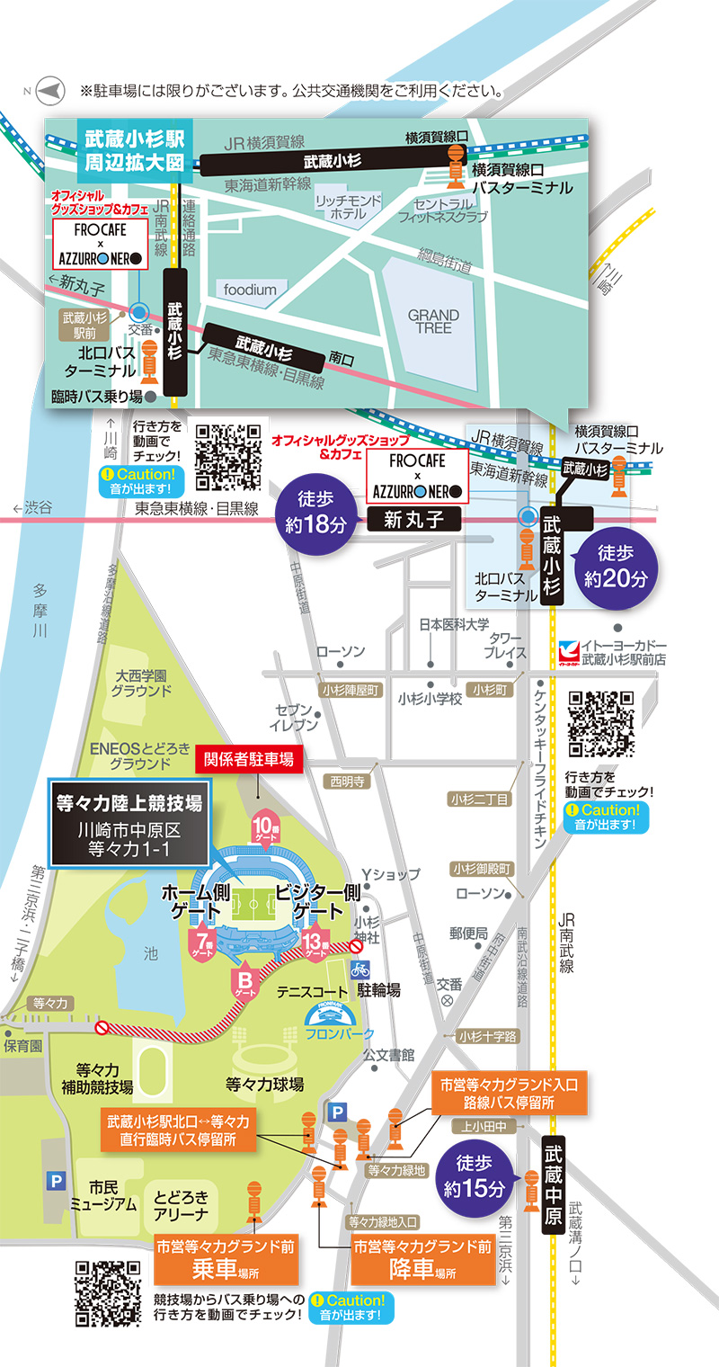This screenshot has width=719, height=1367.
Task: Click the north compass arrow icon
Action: (x=50, y=91)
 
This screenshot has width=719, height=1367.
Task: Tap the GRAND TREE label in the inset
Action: (x=433, y=321)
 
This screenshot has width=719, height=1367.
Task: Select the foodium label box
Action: (x=251, y=290)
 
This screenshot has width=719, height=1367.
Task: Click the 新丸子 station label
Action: (x=414, y=519)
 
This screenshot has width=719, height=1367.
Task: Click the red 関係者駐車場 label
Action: (x=249, y=759)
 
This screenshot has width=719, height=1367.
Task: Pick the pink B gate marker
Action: (x=245, y=978)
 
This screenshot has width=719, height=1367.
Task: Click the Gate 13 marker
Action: (x=314, y=943)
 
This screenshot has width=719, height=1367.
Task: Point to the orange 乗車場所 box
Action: (x=213, y=1259)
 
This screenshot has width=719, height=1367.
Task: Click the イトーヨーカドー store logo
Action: (x=566, y=650)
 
